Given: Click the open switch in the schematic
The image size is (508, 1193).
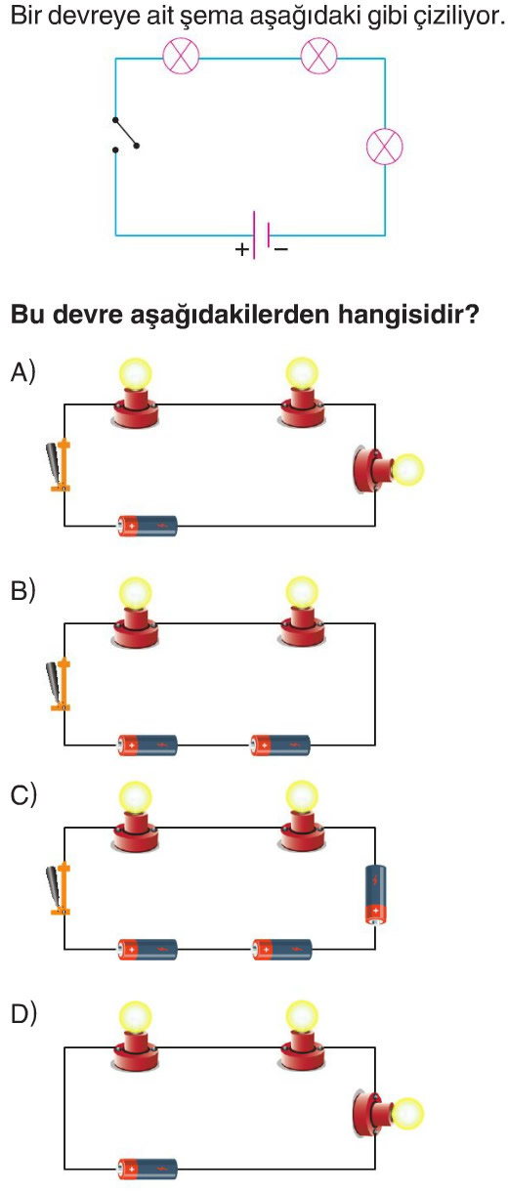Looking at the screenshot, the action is tap(126, 134).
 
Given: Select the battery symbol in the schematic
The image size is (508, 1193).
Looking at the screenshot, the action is tap(262, 234).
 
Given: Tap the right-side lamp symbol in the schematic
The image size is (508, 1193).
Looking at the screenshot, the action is tap(385, 146).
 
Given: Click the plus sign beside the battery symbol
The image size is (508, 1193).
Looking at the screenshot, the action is tap(242, 249).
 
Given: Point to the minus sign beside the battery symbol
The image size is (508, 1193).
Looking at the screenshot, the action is tap(281, 249).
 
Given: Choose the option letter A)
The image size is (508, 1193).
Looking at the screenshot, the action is tap(22, 371).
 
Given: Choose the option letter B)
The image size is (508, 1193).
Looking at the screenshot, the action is tap(22, 590).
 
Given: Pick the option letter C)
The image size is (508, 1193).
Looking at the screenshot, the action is tap(23, 794).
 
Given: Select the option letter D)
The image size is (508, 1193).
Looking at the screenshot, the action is tap(23, 1013).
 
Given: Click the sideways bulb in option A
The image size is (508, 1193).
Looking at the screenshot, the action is tap(388, 471).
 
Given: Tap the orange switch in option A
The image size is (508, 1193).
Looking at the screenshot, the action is tap(60, 465).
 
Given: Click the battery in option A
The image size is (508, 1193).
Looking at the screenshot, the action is tap(148, 526).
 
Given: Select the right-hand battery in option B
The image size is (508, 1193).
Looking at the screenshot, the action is tap(280, 745).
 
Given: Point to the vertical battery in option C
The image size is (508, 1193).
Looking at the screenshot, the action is tap(375, 895).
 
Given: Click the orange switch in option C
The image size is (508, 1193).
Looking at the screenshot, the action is tap(60, 889).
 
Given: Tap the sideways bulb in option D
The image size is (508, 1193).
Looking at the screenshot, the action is tap(388, 1114).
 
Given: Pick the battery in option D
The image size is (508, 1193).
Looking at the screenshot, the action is tap(148, 1169).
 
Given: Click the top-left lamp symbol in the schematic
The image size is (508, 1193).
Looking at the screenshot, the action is tap(181, 56).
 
